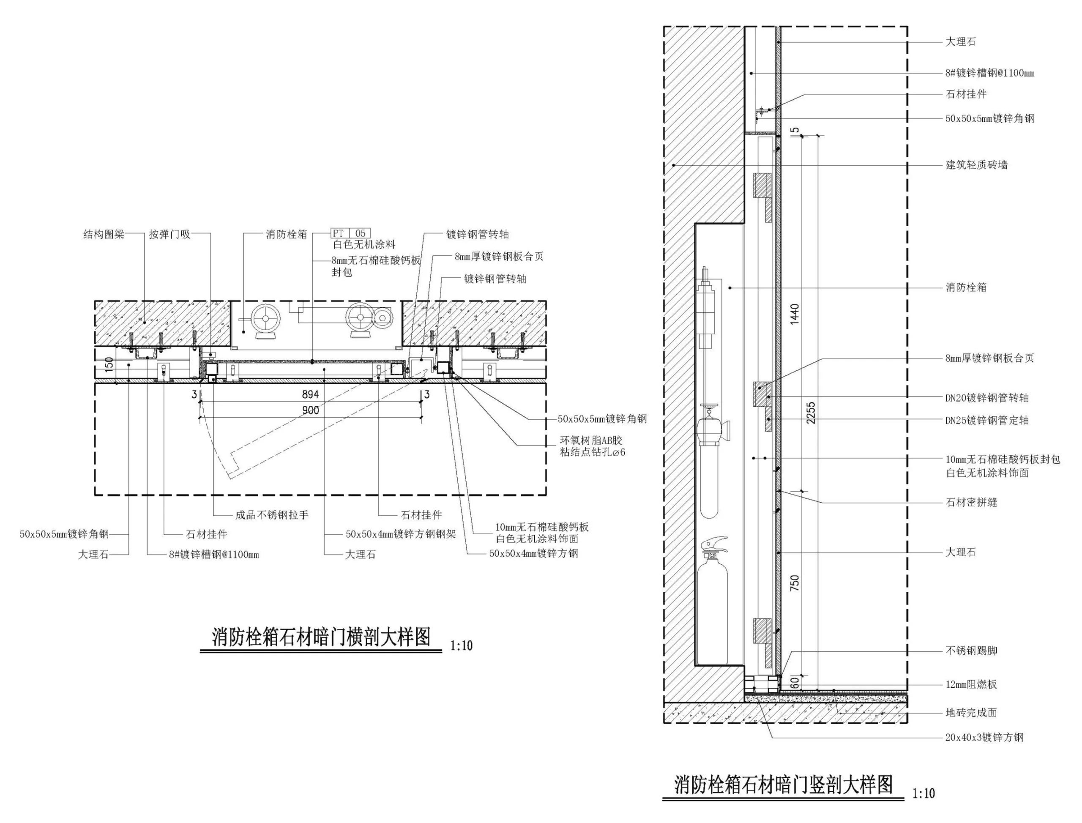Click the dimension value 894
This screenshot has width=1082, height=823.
pyautogui.click(x=311, y=394)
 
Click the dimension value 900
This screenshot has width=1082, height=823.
pyautogui.click(x=311, y=410)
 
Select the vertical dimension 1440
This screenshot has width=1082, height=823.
pyautogui.click(x=795, y=314)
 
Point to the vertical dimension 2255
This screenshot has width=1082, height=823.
pyautogui.click(x=811, y=413)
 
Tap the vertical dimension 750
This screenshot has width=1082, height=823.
pyautogui.click(x=795, y=582)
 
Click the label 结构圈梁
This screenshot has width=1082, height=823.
pyautogui.click(x=104, y=234)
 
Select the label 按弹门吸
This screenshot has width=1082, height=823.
pyautogui.click(x=169, y=234)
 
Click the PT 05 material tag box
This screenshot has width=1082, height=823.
pyautogui.click(x=351, y=233)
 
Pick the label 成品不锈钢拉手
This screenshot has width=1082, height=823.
pyautogui.click(x=272, y=515)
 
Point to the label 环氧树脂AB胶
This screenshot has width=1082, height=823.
pyautogui.click(x=591, y=440)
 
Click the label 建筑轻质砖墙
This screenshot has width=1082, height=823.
pyautogui.click(x=976, y=165)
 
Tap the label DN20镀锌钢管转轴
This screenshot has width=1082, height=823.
pyautogui.click(x=986, y=398)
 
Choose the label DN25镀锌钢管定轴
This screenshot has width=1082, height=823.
pyautogui.click(x=986, y=420)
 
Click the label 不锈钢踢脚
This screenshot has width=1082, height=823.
pyautogui.click(x=971, y=651)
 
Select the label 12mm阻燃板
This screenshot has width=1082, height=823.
pyautogui.click(x=971, y=684)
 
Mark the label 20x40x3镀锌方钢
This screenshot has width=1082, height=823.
pyautogui.click(x=984, y=737)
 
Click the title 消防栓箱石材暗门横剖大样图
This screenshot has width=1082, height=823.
pyautogui.click(x=321, y=637)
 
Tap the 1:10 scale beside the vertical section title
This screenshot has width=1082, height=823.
pyautogui.click(x=924, y=793)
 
